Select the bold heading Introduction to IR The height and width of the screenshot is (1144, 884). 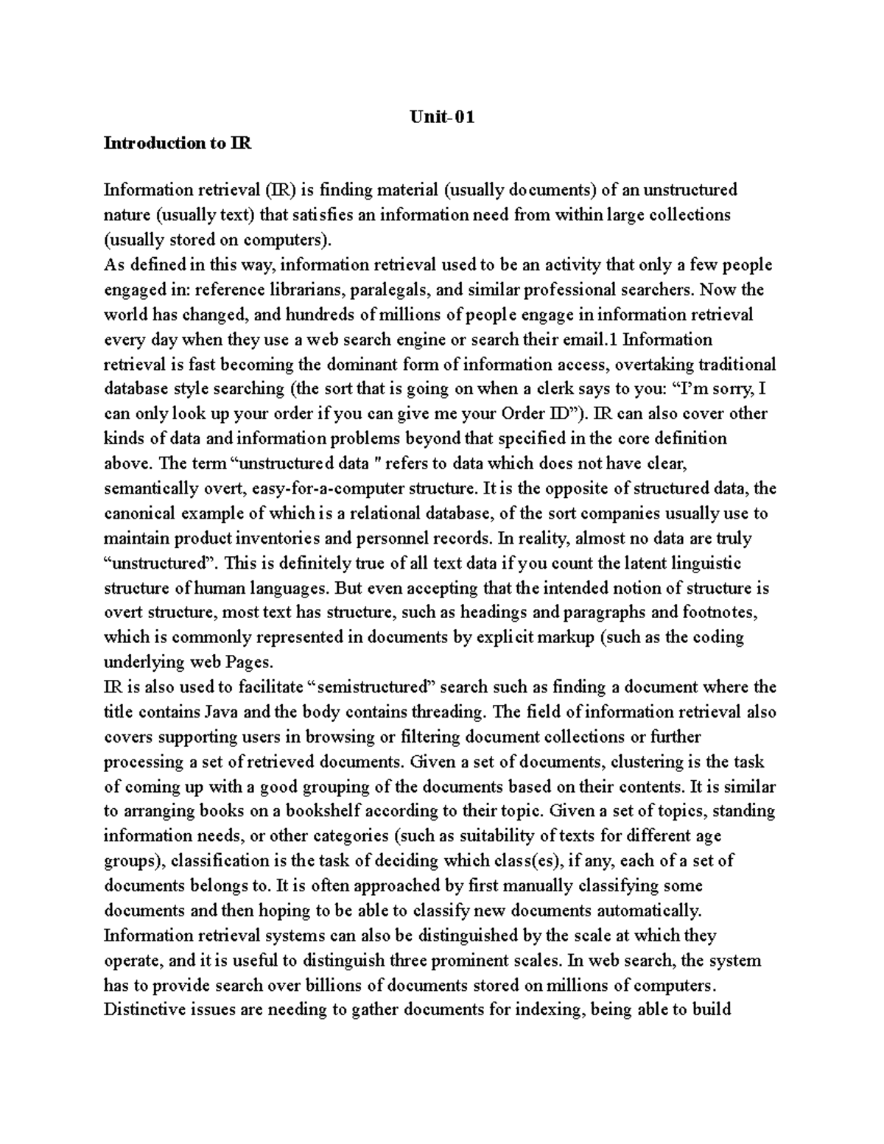(x=178, y=143)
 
